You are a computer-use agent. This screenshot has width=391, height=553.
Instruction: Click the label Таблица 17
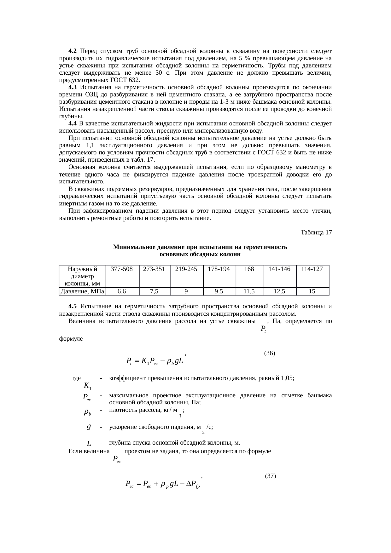click(x=316, y=233)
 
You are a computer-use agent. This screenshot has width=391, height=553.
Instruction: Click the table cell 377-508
click(x=122, y=269)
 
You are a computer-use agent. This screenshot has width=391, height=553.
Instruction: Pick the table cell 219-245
click(x=186, y=269)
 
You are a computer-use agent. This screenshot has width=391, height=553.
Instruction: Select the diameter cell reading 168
click(x=249, y=269)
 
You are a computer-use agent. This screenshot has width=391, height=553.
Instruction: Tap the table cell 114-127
click(x=312, y=269)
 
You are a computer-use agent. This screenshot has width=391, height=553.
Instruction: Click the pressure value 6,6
click(x=122, y=291)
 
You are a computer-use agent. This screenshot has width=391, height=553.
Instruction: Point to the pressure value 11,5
click(x=249, y=291)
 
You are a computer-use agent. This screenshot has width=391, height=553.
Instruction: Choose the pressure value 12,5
click(x=279, y=291)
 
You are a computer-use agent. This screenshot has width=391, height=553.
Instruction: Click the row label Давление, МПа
click(x=82, y=291)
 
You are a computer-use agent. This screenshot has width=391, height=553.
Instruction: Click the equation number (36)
click(x=270, y=353)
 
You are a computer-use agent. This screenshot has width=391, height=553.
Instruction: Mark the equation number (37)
click(x=271, y=476)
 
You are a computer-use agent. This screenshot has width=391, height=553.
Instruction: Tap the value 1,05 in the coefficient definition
click(x=287, y=378)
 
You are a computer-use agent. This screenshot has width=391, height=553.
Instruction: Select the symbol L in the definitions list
click(x=89, y=444)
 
